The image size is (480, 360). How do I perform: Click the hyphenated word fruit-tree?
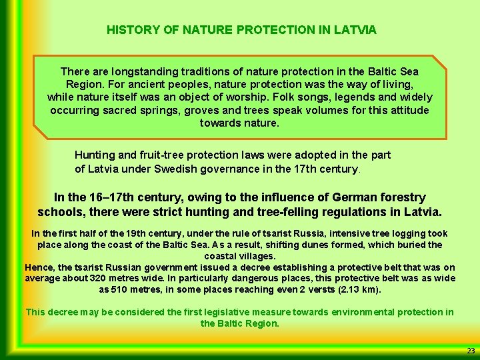coord(166,155)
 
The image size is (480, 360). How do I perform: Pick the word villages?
coord(257,256)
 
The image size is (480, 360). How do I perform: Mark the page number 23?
coord(471,351)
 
